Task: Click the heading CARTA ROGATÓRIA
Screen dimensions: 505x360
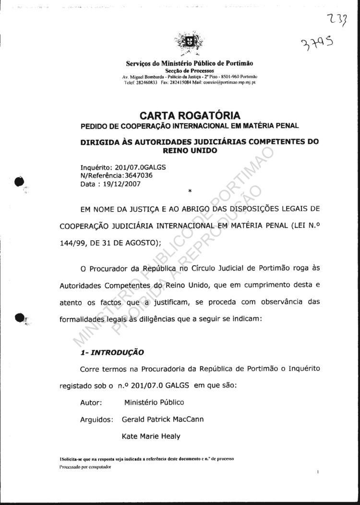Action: point(190,116)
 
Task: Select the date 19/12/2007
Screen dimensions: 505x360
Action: point(121,183)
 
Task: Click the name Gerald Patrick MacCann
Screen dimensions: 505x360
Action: point(163,419)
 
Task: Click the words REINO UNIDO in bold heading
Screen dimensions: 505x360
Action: point(190,151)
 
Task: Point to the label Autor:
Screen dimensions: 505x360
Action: point(90,402)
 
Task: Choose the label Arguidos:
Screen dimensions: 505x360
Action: point(96,420)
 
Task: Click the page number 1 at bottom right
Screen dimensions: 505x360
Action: point(318,472)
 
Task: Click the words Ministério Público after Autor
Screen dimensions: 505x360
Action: point(154,402)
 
